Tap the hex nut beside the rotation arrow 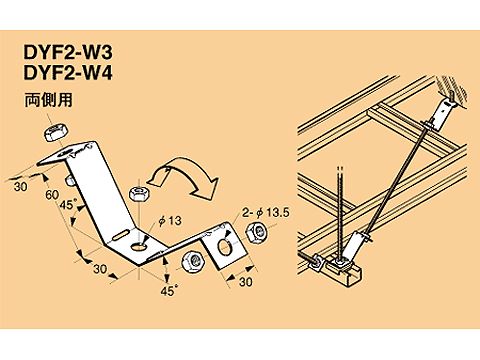[141, 190]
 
